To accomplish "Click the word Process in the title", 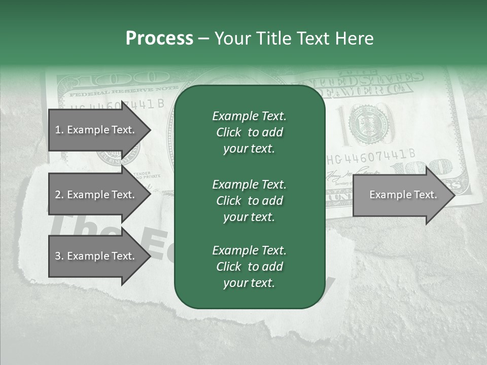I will [x=159, y=39].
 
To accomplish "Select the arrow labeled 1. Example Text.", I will [x=96, y=130].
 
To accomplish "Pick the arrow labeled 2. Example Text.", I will [x=96, y=195].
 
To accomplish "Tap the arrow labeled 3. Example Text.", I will [x=96, y=256].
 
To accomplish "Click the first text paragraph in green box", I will [x=249, y=132].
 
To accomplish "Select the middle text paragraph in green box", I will [x=249, y=200].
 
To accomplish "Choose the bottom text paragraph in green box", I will [x=249, y=266].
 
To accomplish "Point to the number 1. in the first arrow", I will [x=59, y=130].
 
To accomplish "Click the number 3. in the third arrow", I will [x=59, y=256].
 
